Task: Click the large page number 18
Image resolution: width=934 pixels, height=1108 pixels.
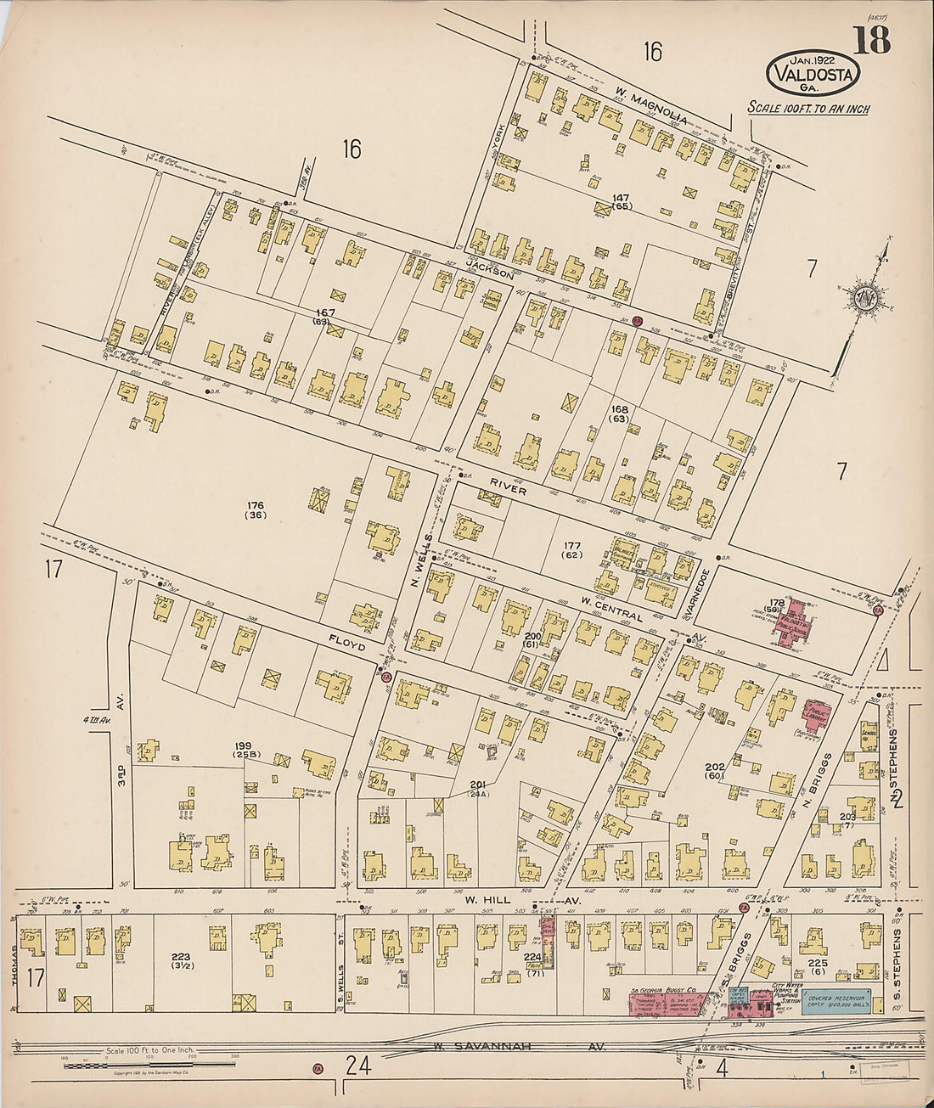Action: pyautogui.click(x=872, y=40)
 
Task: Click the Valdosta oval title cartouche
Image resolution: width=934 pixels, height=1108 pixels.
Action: pyautogui.click(x=813, y=73)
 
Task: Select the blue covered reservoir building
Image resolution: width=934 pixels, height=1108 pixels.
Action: pyautogui.click(x=836, y=1002)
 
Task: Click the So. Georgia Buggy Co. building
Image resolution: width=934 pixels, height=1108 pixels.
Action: pyautogui.click(x=666, y=1002)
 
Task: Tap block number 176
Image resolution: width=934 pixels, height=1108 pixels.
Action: pyautogui.click(x=255, y=510)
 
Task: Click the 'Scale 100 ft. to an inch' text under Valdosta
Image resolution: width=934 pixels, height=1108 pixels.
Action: pyautogui.click(x=807, y=108)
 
